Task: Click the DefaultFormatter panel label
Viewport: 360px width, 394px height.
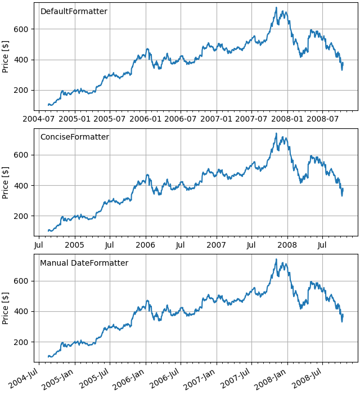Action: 74,12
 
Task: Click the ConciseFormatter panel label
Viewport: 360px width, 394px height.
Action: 74,137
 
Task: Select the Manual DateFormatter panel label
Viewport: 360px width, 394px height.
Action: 84,263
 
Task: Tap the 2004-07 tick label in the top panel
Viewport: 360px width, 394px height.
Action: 39,119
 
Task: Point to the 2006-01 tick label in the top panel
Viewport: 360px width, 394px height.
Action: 146,119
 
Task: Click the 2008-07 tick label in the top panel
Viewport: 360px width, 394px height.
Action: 323,119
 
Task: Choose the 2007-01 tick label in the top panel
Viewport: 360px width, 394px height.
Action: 217,119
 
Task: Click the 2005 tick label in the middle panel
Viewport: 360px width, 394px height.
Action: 75,245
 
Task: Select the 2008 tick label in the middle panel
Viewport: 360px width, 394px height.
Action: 287,245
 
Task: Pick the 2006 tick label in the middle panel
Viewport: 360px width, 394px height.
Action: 146,245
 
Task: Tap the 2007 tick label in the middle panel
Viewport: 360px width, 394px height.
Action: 217,245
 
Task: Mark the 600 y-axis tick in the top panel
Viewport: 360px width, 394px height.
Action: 29,29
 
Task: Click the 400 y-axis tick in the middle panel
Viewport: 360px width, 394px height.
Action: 29,186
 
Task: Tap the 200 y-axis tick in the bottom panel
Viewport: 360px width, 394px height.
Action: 29,342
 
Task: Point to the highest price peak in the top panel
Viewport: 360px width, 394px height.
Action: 276,7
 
